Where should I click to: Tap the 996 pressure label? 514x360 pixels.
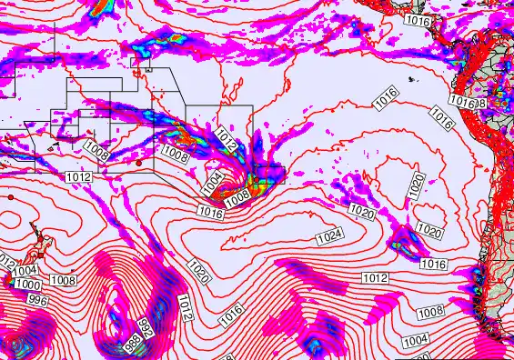click(x=36, y=299)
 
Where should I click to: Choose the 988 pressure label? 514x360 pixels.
click(x=132, y=344)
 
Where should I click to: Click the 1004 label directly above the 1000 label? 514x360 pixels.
click(x=26, y=270)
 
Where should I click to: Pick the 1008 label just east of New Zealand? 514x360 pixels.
click(x=63, y=281)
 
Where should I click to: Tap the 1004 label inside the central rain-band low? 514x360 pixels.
click(x=212, y=183)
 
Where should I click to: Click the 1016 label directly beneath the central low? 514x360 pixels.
click(x=210, y=212)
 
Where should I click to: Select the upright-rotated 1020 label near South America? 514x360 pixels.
click(x=416, y=187)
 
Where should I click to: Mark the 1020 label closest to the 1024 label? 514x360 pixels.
click(x=361, y=213)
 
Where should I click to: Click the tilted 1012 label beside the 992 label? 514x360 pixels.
click(x=185, y=308)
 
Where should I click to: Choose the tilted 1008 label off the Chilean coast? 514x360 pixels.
click(x=430, y=313)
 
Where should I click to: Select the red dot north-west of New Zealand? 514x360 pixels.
click(x=9, y=195)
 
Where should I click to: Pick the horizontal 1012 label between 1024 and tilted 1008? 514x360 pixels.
click(x=376, y=277)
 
